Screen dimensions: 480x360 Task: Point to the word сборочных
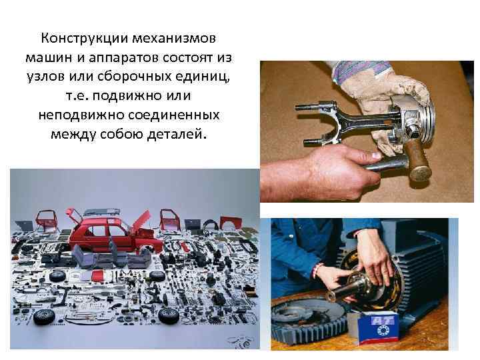(x=135, y=77)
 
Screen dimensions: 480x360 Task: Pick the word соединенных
(x=174, y=115)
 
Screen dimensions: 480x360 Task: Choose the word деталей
(x=177, y=135)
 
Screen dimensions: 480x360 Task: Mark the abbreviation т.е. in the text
(x=77, y=96)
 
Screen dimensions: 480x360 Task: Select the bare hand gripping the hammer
(x=325, y=171)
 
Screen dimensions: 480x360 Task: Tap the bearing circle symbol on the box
(x=382, y=330)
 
